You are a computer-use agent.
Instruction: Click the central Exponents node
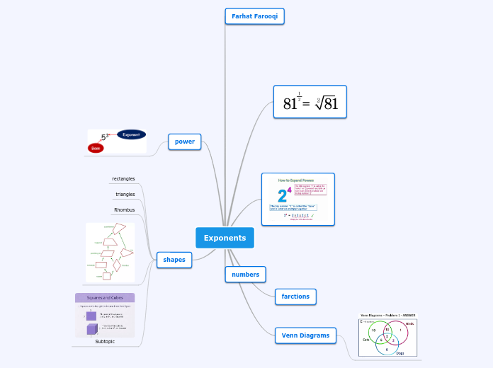[225, 238]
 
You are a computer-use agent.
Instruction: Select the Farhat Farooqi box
[254, 16]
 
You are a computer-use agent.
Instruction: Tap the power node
[184, 142]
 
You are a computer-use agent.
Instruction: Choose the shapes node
[174, 260]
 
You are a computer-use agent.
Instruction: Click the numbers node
[245, 274]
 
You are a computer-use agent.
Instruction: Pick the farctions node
[295, 296]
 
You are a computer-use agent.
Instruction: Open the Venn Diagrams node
[305, 335]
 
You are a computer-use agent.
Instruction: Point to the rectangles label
[123, 178]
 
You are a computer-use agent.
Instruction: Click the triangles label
[125, 194]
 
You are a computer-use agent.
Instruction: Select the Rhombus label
[124, 209]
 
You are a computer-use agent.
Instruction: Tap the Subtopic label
[105, 341]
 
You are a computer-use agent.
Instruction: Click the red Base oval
[96, 148]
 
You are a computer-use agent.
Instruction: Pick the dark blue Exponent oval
[131, 134]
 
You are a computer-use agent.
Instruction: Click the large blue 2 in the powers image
[282, 196]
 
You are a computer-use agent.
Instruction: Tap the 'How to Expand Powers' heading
[297, 180]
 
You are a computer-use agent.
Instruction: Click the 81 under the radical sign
[331, 104]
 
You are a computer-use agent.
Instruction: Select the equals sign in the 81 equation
[306, 105]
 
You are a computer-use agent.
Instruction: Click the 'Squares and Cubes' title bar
[105, 298]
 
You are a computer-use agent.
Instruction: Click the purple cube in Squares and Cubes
[91, 329]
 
